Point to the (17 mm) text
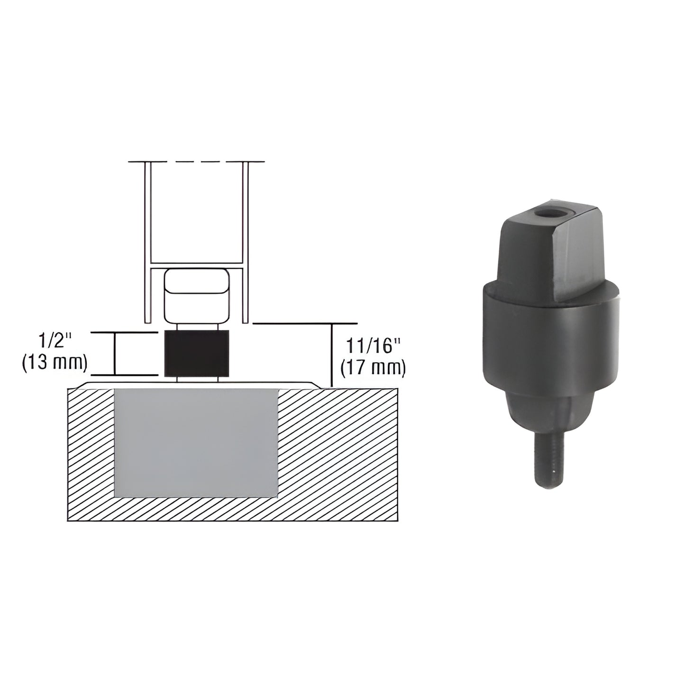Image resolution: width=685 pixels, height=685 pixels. pos(373,368)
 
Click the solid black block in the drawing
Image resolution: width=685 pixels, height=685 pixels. pos(197,353)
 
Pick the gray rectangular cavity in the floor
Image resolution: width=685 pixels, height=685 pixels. pos(196,443)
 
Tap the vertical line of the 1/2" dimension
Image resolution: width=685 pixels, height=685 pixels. pos(115,354)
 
